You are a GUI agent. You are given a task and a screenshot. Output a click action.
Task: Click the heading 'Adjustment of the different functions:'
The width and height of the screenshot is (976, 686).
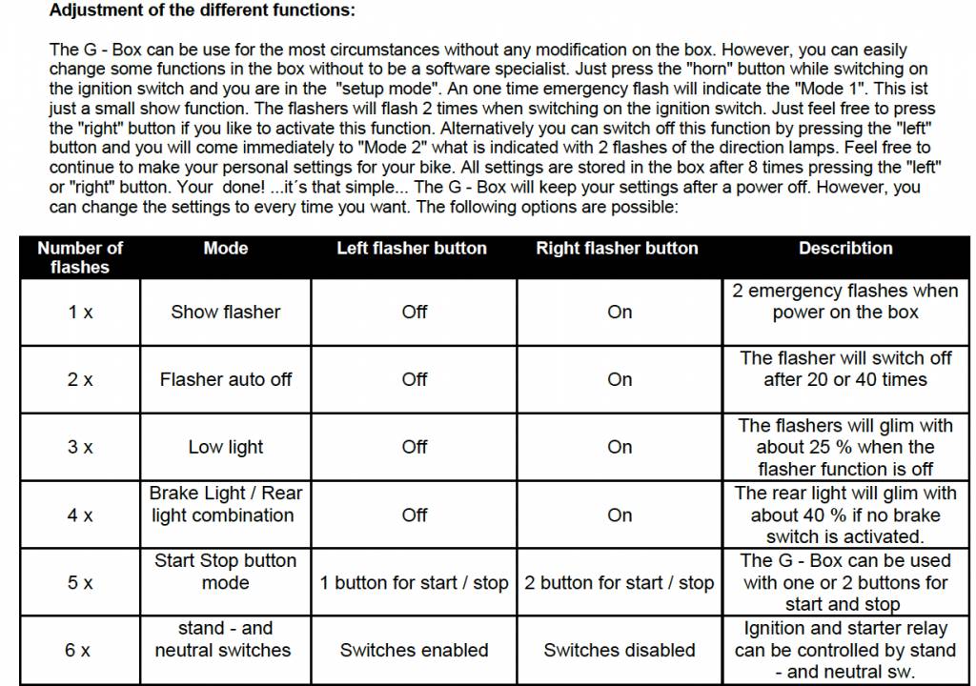(x=201, y=11)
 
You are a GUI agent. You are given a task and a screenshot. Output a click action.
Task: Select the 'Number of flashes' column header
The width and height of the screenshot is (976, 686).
(x=80, y=257)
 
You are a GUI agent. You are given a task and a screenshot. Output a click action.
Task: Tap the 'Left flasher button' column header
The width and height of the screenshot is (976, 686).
(x=412, y=248)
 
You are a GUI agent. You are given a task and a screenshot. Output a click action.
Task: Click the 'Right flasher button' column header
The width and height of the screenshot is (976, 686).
(x=617, y=248)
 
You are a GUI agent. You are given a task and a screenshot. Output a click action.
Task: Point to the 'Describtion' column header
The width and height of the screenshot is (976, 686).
(x=845, y=248)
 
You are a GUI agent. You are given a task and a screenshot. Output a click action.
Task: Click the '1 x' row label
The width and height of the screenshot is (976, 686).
(x=80, y=312)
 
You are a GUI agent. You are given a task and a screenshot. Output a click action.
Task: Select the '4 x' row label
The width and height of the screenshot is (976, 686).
(x=80, y=515)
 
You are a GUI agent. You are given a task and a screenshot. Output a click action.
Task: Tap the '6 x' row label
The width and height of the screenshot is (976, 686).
(x=80, y=651)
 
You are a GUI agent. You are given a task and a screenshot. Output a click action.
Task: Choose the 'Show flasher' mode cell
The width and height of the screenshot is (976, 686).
(x=226, y=312)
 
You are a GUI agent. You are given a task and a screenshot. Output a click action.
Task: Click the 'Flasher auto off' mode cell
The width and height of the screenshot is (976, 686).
(x=226, y=379)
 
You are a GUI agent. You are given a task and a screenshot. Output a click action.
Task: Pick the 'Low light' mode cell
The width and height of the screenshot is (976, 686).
(x=226, y=447)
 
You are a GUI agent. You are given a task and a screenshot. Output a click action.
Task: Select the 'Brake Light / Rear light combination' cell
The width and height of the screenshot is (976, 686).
(x=226, y=504)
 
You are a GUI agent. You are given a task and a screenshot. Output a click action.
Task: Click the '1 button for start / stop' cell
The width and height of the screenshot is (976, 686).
(x=415, y=583)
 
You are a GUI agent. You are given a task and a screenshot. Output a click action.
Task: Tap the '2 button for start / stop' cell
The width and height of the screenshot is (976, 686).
(x=620, y=583)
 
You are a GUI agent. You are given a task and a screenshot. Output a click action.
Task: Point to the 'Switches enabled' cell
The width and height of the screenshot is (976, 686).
(x=415, y=651)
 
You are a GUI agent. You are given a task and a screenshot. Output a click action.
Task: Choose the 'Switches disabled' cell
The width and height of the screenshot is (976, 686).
(x=620, y=651)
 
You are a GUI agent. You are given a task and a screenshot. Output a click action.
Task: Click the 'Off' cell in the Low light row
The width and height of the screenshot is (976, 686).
(x=415, y=447)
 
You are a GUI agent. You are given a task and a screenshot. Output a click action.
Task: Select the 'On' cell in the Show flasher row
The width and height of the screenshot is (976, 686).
(x=620, y=312)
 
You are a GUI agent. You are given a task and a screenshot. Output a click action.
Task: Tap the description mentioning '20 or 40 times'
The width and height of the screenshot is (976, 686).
(x=845, y=369)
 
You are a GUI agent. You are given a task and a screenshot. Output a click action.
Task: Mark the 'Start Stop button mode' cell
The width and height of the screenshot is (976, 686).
(x=226, y=572)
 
